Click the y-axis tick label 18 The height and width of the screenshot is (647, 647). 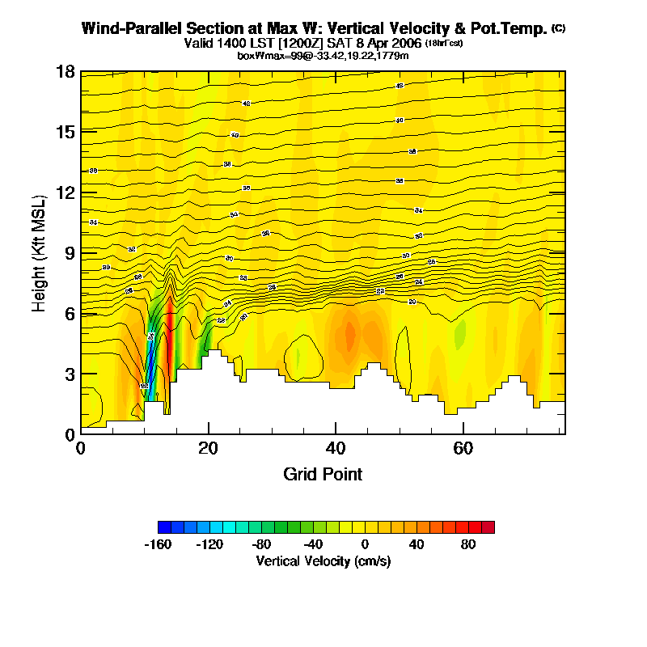[66, 72]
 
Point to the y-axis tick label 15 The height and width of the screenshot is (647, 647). [66, 132]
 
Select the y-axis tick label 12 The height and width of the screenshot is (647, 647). [66, 192]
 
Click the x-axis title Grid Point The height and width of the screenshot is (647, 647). [323, 474]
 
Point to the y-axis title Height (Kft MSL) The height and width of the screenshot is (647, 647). [39, 253]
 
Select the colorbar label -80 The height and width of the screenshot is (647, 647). [261, 544]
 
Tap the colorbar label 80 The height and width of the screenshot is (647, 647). [468, 544]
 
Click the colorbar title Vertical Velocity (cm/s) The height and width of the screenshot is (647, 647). [323, 560]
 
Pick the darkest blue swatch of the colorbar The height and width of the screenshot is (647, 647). [164, 527]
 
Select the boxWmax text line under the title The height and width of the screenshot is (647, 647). [323, 55]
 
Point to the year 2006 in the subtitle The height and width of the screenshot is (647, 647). [404, 43]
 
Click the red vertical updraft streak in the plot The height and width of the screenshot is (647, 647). [170, 340]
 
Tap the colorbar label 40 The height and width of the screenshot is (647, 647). [417, 544]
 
